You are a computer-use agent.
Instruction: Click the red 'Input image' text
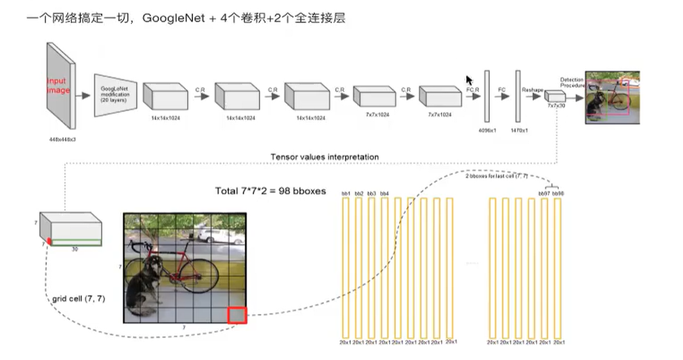coord(58,85)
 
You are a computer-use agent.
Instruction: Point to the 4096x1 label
coord(487,129)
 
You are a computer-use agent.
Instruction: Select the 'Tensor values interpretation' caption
coord(325,157)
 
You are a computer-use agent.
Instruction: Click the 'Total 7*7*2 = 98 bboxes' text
coord(270,191)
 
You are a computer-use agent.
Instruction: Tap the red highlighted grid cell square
coord(237,315)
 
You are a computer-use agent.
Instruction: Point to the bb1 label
coord(346,194)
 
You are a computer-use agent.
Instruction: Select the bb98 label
coord(558,194)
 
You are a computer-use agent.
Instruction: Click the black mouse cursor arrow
coord(469,80)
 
